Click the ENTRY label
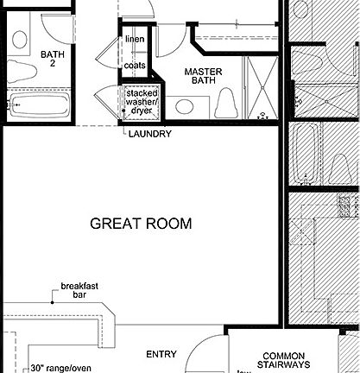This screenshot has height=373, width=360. [x=161, y=354]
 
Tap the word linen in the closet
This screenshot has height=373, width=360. [x=135, y=40]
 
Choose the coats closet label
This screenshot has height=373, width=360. [x=135, y=65]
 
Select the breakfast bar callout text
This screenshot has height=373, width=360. [x=79, y=291]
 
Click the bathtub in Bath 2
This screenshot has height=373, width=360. [x=39, y=106]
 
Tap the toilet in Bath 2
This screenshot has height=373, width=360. [x=19, y=38]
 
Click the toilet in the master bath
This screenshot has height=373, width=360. [x=226, y=105]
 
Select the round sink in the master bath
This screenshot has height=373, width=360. [x=183, y=106]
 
